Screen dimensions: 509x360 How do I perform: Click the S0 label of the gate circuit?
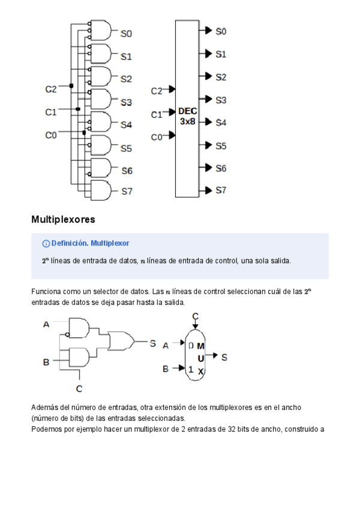point(126,34)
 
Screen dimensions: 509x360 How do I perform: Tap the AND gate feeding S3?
point(100,99)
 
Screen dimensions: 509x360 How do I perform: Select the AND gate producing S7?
point(100,191)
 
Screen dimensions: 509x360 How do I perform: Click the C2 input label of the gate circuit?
point(51,89)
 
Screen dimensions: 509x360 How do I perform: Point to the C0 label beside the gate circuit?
point(51,135)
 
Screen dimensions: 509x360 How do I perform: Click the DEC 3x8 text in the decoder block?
point(187,116)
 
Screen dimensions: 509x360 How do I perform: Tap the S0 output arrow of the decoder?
point(207,30)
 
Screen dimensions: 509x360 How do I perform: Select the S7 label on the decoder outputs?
point(221,190)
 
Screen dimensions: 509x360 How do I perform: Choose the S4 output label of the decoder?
point(221,122)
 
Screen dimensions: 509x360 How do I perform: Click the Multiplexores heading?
point(63,220)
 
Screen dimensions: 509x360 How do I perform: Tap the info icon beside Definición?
point(46,243)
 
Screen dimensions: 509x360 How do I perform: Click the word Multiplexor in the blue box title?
point(110,243)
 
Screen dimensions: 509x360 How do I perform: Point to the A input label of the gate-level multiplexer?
point(46,325)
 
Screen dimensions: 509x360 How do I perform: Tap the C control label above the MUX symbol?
point(196,316)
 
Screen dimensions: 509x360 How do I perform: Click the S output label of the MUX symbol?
point(224,357)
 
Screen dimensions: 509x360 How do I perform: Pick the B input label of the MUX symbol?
point(166,369)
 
